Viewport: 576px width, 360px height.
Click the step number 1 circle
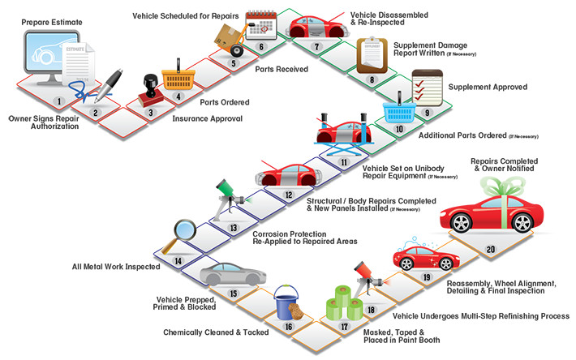58,101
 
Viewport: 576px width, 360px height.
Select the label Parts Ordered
223,102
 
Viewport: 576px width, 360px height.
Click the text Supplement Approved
488,87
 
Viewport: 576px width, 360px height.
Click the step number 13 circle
234,229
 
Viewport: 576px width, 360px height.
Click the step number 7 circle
317,47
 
